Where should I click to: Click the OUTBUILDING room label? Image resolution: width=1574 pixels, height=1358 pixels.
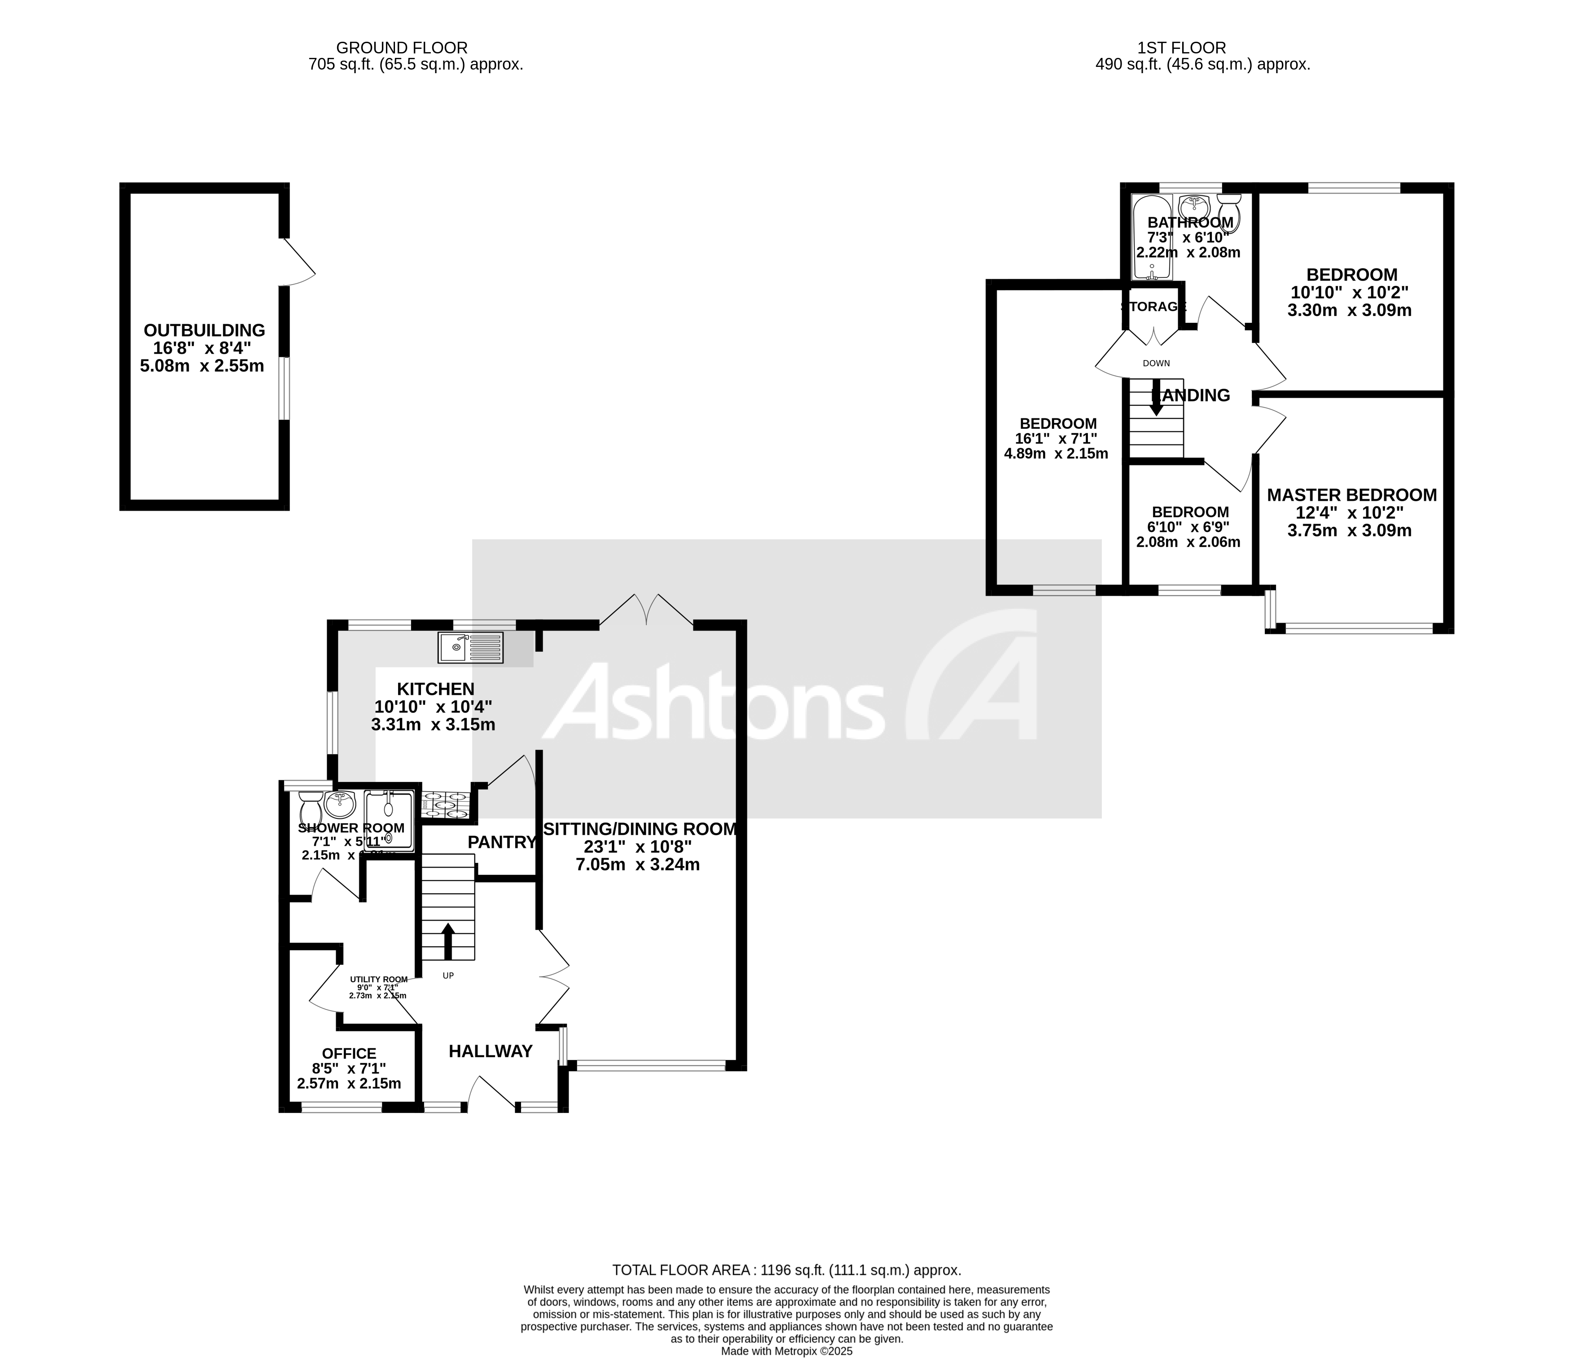click(204, 330)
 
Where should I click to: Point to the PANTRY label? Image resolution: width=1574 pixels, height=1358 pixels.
click(501, 842)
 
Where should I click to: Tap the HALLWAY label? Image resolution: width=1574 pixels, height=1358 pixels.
click(490, 1052)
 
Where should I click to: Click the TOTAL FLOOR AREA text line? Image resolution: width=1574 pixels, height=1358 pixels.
click(786, 1270)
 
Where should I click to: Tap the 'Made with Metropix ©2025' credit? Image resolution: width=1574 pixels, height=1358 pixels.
click(786, 1351)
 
